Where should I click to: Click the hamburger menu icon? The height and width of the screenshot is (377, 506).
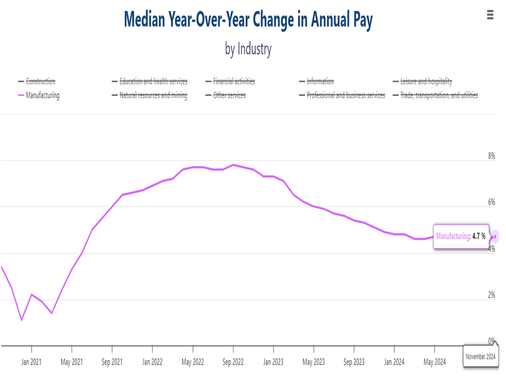point(490,15)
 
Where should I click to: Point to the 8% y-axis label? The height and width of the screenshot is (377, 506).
point(491,156)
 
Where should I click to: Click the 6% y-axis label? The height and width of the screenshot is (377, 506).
point(491,202)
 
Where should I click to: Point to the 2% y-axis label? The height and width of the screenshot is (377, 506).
point(491,295)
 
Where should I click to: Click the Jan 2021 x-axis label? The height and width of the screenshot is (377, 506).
point(32,361)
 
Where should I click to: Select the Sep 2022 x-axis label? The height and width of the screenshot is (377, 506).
point(233,361)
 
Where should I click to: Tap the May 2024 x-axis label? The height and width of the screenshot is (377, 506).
point(434,361)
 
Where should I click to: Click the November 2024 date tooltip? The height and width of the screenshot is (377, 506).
point(480,357)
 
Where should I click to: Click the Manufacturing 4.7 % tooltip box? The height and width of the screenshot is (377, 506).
point(461,236)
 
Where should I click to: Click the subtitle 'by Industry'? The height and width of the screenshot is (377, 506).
point(248,49)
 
